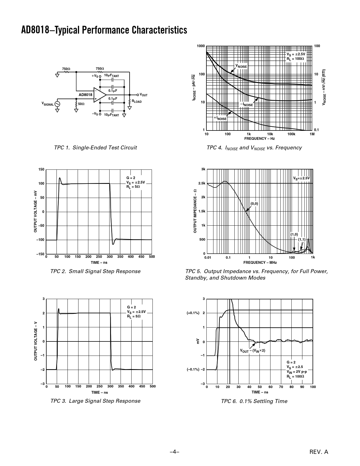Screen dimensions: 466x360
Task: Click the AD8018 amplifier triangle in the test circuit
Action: [x=99, y=95]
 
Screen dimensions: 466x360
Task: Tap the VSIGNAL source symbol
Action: [x=57, y=104]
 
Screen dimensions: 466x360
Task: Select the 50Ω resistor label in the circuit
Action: [x=81, y=104]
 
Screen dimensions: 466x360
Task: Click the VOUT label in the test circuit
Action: [x=144, y=95]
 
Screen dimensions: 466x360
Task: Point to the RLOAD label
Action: [x=137, y=101]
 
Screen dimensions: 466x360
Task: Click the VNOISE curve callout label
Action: [x=241, y=66]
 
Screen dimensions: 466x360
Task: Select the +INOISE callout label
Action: [x=220, y=118]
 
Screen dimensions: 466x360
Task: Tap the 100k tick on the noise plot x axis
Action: [x=291, y=134]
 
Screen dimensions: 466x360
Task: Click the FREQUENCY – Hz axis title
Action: [x=259, y=139]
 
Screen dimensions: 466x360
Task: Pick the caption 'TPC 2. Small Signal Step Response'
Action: [x=95, y=271]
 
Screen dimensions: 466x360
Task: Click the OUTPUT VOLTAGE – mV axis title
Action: [x=36, y=212]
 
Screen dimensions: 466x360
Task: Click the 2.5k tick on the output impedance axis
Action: [x=202, y=183]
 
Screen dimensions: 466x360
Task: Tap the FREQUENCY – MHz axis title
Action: [x=260, y=263]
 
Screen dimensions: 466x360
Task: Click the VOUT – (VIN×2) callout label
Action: [x=253, y=351]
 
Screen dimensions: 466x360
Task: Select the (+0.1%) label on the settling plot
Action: [x=193, y=313]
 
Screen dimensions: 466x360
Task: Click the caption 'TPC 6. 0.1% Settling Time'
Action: [x=254, y=401]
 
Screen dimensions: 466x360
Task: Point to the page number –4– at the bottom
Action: [x=175, y=452]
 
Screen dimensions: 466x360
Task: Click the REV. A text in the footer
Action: [x=319, y=452]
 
